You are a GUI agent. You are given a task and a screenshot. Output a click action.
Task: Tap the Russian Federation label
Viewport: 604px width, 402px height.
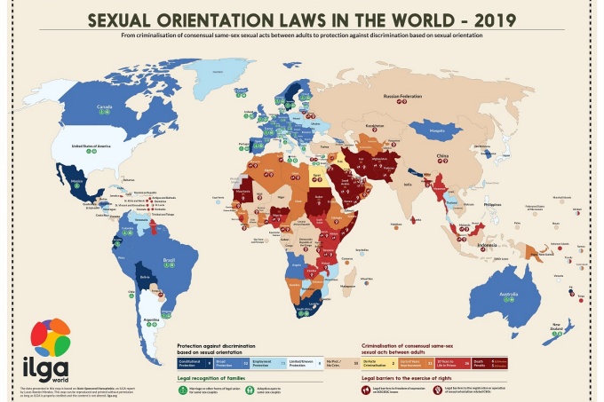(400, 93)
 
